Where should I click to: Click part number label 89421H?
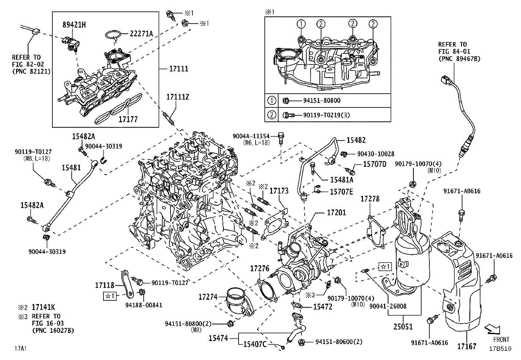point(74,25)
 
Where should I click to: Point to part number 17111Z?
point(178,97)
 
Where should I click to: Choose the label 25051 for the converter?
point(403,327)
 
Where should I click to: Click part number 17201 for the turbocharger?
point(336,213)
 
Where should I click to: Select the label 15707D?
point(375,164)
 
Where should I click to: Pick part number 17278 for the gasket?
point(370,199)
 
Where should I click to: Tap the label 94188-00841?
point(144,305)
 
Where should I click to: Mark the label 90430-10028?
point(376,154)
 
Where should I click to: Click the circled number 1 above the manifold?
point(301,24)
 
